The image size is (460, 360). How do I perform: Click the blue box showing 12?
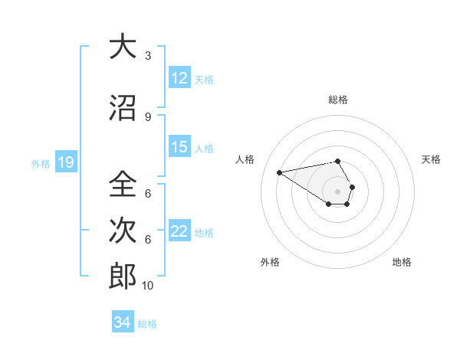pyautogui.click(x=179, y=79)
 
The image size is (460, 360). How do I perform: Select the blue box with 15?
pyautogui.click(x=179, y=148)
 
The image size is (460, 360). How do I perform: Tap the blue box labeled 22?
pyautogui.click(x=179, y=232)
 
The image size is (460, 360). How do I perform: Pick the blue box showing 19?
pyautogui.click(x=66, y=162)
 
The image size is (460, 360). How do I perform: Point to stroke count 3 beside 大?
pyautogui.click(x=148, y=56)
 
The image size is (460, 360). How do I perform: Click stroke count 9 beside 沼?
pyautogui.click(x=148, y=117)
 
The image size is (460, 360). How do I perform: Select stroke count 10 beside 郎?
pyautogui.click(x=148, y=286)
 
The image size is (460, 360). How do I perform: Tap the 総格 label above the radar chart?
pyautogui.click(x=337, y=100)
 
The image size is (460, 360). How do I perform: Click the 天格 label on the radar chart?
pyautogui.click(x=432, y=159)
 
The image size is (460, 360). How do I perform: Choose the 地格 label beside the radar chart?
pyautogui.click(x=402, y=262)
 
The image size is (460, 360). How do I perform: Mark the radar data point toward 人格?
pyautogui.click(x=279, y=172)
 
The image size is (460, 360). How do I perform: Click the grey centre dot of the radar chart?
pyautogui.click(x=337, y=191)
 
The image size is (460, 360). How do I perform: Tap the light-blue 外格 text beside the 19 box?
pyautogui.click(x=40, y=163)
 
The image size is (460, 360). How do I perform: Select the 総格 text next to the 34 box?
pyautogui.click(x=148, y=324)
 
